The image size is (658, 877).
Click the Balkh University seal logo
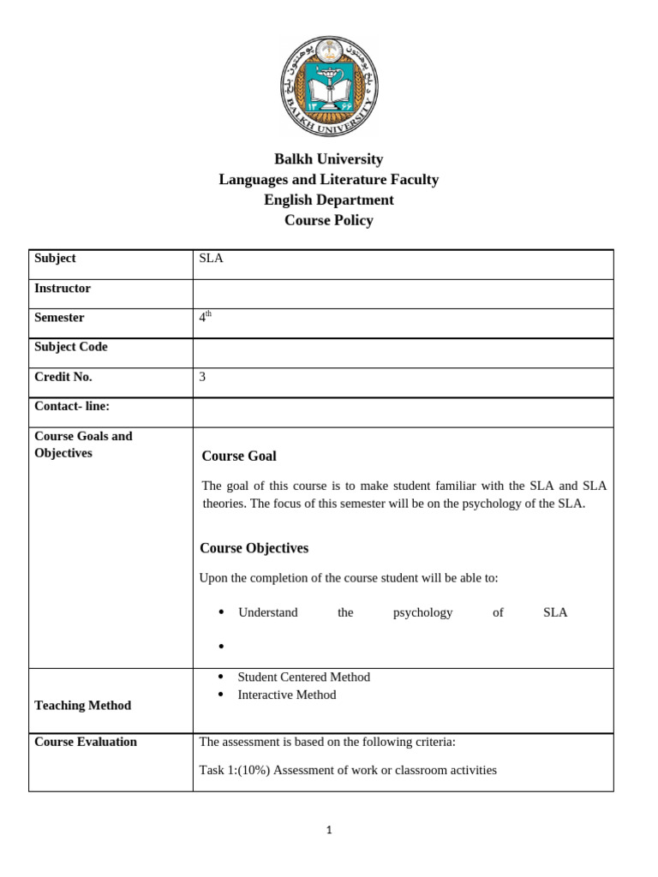(x=329, y=87)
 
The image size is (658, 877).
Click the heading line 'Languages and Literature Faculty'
(x=329, y=179)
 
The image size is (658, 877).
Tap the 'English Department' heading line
(x=329, y=200)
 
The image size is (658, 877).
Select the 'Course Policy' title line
(x=329, y=220)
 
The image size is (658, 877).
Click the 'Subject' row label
(x=55, y=258)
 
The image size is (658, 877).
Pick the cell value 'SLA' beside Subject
(x=211, y=258)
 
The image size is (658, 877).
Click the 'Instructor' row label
(x=63, y=288)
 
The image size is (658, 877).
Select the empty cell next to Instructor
(x=403, y=293)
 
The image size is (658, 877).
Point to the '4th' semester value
(x=205, y=317)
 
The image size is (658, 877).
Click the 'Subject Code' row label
(x=71, y=347)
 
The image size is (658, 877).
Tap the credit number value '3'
(x=202, y=377)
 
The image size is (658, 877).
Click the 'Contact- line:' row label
(x=72, y=406)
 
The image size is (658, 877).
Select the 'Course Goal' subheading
(x=239, y=456)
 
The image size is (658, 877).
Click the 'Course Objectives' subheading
(x=254, y=547)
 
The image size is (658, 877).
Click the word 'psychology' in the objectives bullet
(x=422, y=612)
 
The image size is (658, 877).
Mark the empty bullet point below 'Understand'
(x=221, y=645)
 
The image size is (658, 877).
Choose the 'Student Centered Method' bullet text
(x=303, y=677)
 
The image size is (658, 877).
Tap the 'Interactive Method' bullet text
(x=286, y=695)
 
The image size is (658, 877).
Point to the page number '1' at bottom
(x=329, y=830)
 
